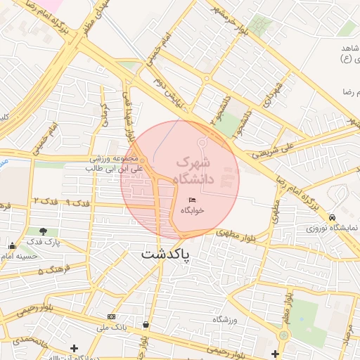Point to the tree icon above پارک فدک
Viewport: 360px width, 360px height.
click(44, 231)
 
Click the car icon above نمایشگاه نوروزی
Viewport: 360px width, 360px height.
click(332, 217)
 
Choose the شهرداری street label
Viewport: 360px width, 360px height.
click(273, 94)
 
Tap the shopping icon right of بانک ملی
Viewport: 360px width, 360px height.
click(146, 325)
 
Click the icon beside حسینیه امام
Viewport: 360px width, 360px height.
click(12, 245)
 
